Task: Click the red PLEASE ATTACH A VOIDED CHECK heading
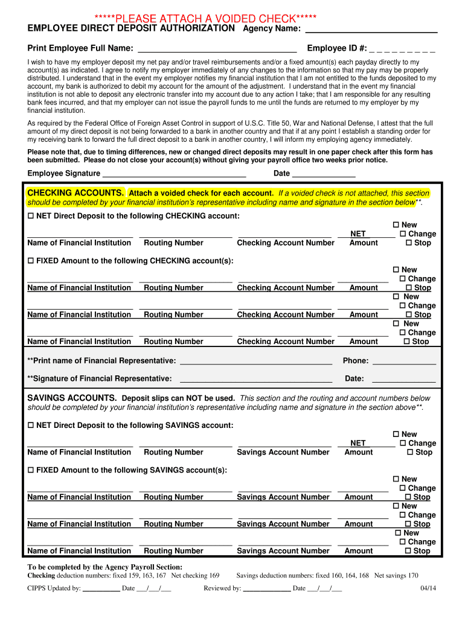point(205,18)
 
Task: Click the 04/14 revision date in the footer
point(428,589)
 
